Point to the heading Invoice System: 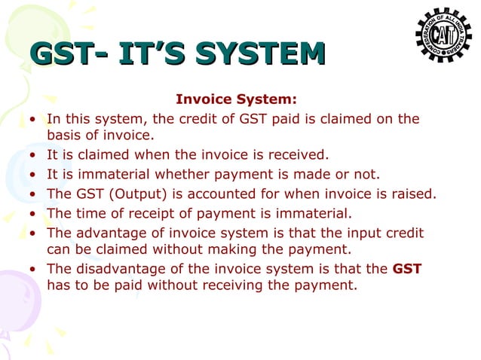[x=236, y=99]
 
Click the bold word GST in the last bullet [x=407, y=268]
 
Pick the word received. [x=302, y=156]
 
